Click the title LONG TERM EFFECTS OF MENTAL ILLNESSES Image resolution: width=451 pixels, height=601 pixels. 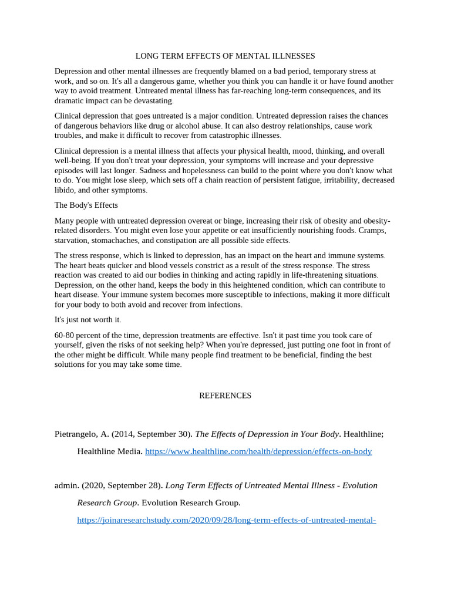point(225,56)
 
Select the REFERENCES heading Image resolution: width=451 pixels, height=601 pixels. point(225,396)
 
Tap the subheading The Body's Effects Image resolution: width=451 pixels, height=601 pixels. point(86,205)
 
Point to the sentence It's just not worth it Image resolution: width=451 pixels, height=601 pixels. point(87,319)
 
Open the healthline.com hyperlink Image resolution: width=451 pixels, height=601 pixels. point(258,451)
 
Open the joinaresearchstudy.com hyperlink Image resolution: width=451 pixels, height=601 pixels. point(226,520)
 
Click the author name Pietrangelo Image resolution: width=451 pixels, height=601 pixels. point(76,434)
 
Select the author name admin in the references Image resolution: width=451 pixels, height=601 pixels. point(66,485)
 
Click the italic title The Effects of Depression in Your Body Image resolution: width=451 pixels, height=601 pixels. point(267,434)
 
